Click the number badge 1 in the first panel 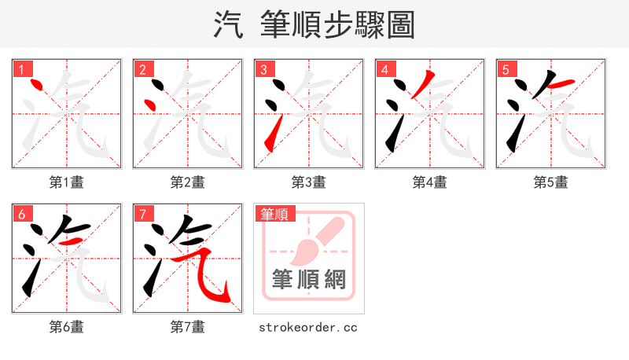(x=21, y=69)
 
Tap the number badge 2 (x=142, y=69)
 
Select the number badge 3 (x=263, y=69)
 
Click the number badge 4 (x=384, y=69)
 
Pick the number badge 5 (x=506, y=69)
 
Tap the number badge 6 (x=21, y=214)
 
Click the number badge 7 (x=142, y=214)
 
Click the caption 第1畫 (x=67, y=182)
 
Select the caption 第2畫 (x=188, y=182)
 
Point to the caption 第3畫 (x=309, y=182)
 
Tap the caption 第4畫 (x=430, y=182)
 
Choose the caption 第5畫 (x=551, y=182)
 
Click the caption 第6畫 (x=67, y=327)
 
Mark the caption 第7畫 (x=188, y=327)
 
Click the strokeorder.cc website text (x=309, y=327)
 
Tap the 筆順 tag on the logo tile (x=274, y=214)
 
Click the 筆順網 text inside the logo (x=309, y=280)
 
